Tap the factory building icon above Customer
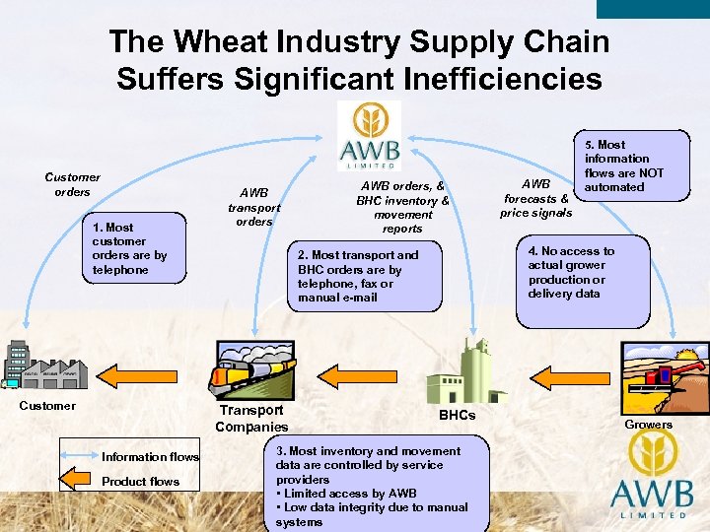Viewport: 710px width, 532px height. pos(45,366)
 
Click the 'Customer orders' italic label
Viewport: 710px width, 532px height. pos(72,184)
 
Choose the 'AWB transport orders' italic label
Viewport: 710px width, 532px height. pos(253,207)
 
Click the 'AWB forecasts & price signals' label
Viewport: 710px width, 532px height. pos(535,198)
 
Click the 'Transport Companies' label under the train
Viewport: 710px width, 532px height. pos(251,418)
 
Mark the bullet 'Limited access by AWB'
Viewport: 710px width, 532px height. pos(350,493)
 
